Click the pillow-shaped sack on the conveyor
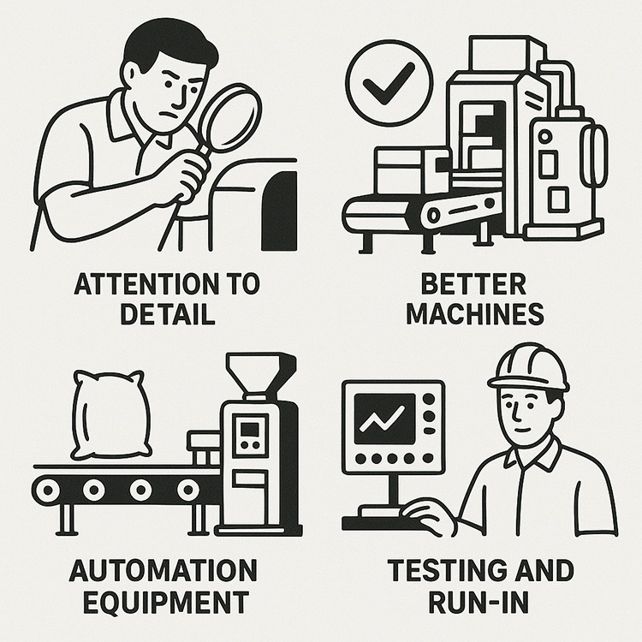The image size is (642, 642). [x=111, y=415]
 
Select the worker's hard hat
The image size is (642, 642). [x=528, y=366]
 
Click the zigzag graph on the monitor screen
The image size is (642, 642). [x=382, y=418]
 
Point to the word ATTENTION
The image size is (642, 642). [x=146, y=284]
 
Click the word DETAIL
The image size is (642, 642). [x=168, y=314]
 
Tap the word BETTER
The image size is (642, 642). [x=473, y=284]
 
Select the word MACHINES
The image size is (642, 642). [x=475, y=314]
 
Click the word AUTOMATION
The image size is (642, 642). [x=163, y=570]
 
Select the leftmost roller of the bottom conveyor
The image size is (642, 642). [x=47, y=490]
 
